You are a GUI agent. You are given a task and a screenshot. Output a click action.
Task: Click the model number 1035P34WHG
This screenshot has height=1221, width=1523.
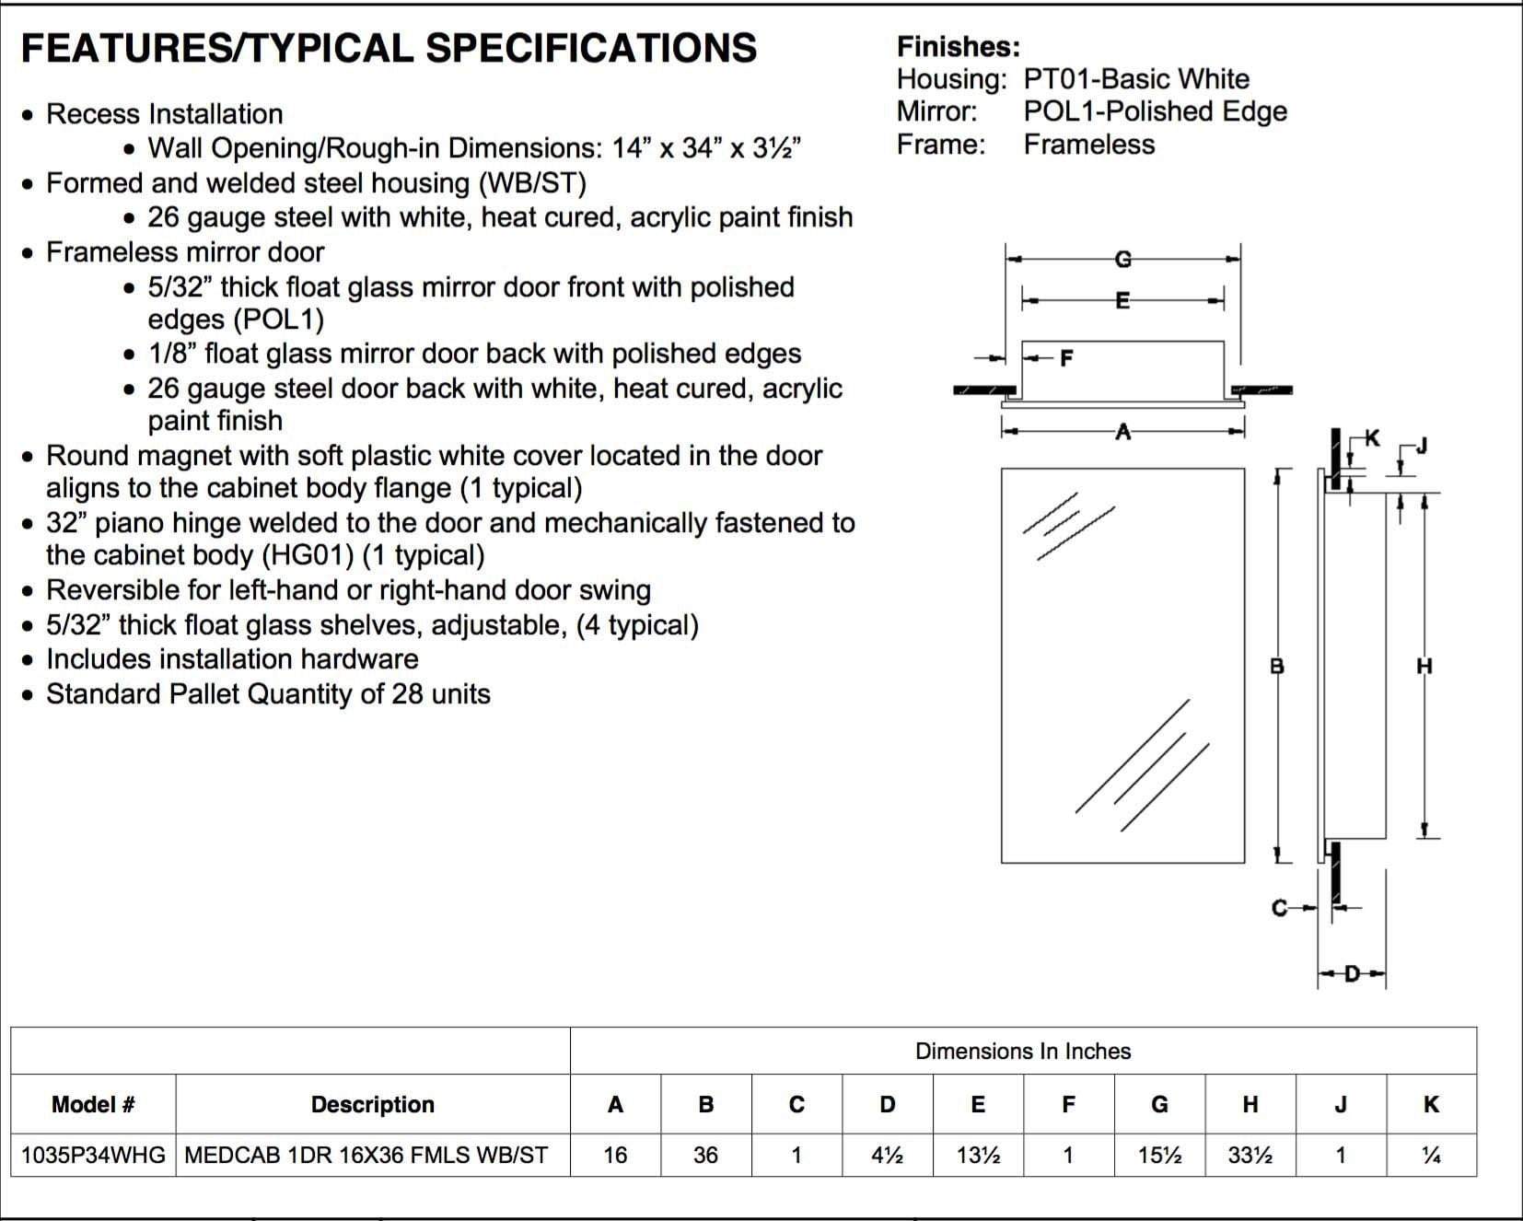pos(93,1155)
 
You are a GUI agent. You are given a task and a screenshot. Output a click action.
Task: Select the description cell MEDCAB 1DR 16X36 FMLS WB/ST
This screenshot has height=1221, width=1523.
pos(366,1155)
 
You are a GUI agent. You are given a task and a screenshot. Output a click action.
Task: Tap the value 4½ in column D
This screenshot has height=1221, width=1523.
pos(887,1155)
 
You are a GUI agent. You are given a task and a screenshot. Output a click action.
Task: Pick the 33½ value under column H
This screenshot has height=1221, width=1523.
pos(1250,1155)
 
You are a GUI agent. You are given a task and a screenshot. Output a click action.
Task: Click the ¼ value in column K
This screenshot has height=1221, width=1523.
pos(1431,1155)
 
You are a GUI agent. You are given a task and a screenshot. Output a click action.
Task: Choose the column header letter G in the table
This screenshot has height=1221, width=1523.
pos(1159,1104)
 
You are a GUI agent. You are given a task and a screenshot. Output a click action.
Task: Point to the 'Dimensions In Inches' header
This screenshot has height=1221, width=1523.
pos(1022,1051)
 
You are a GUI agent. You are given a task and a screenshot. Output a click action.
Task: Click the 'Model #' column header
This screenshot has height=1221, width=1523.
pos(93,1104)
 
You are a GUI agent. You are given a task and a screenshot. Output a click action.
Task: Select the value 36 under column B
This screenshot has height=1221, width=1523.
pos(705,1155)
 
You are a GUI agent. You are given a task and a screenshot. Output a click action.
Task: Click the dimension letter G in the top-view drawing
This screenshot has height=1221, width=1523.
pos(1122,260)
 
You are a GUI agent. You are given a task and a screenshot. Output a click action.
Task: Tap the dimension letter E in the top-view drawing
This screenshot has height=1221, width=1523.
pos(1122,300)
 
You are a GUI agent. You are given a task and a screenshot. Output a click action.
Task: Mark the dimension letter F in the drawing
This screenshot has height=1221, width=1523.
pos(1066,357)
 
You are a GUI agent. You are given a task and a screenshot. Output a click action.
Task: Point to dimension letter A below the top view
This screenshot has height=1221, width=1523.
pos(1122,431)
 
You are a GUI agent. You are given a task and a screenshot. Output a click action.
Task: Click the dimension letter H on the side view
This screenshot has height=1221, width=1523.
pos(1424,665)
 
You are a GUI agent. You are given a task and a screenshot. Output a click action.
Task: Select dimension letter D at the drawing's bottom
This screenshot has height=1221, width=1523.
pos(1352,973)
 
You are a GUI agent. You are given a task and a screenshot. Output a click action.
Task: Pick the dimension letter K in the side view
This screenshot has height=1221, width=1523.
pos(1372,438)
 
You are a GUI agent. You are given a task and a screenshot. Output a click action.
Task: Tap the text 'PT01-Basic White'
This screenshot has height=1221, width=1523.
pos(1136,79)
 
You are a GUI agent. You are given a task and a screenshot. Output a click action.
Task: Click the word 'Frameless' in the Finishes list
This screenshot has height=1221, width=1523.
pos(1088,145)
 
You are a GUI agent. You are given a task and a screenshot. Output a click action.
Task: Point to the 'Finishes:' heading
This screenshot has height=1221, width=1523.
pos(958,47)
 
